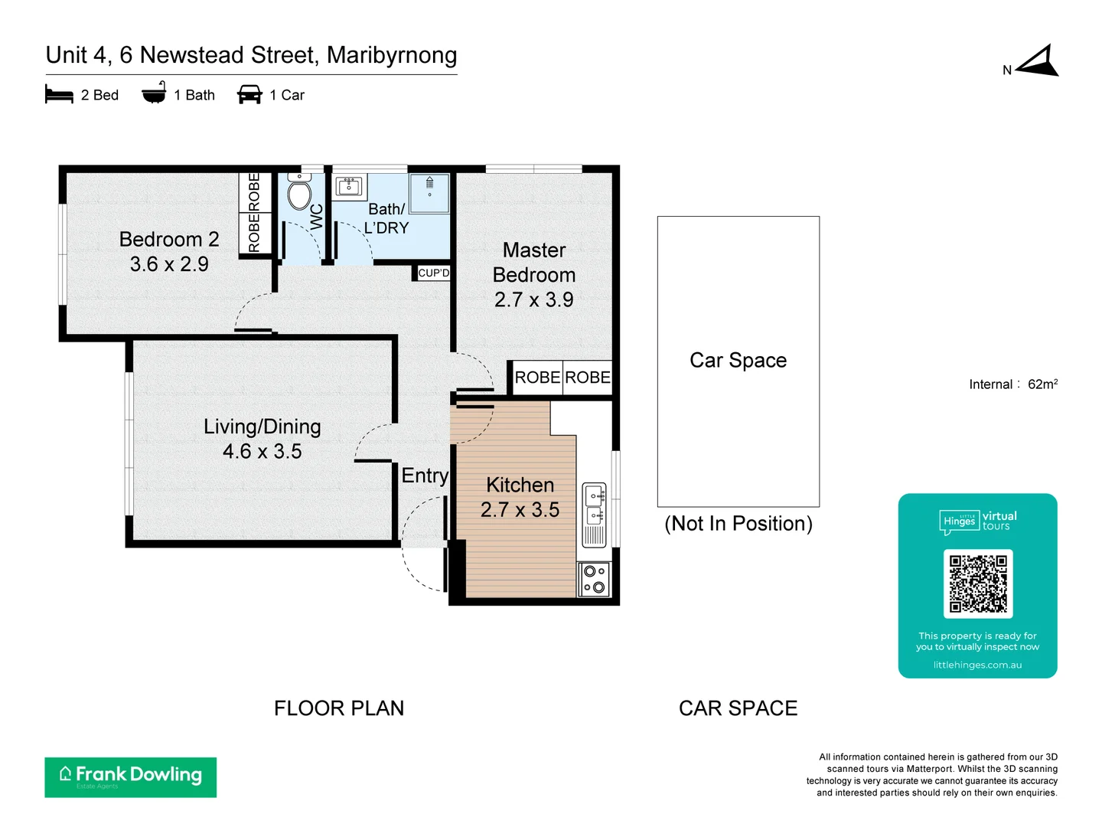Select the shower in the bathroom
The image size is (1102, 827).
429,193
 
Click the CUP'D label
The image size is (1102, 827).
434,273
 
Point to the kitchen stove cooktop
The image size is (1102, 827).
595,579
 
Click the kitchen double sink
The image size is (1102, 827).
595,505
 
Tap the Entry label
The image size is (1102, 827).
425,476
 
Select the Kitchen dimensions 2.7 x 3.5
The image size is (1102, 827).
520,510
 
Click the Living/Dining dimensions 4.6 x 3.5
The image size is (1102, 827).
262,452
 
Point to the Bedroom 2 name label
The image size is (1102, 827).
169,240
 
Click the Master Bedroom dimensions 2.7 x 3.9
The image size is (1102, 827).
533,300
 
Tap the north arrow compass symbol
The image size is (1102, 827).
1039,62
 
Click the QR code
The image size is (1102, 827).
978,583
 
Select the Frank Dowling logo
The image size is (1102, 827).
131,777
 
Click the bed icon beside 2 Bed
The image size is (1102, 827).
59,95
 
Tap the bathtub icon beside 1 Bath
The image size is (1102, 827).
154,93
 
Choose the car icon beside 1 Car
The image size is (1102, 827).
249,95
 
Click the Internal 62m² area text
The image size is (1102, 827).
1012,384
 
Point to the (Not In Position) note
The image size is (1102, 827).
738,524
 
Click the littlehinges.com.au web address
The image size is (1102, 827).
977,665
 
